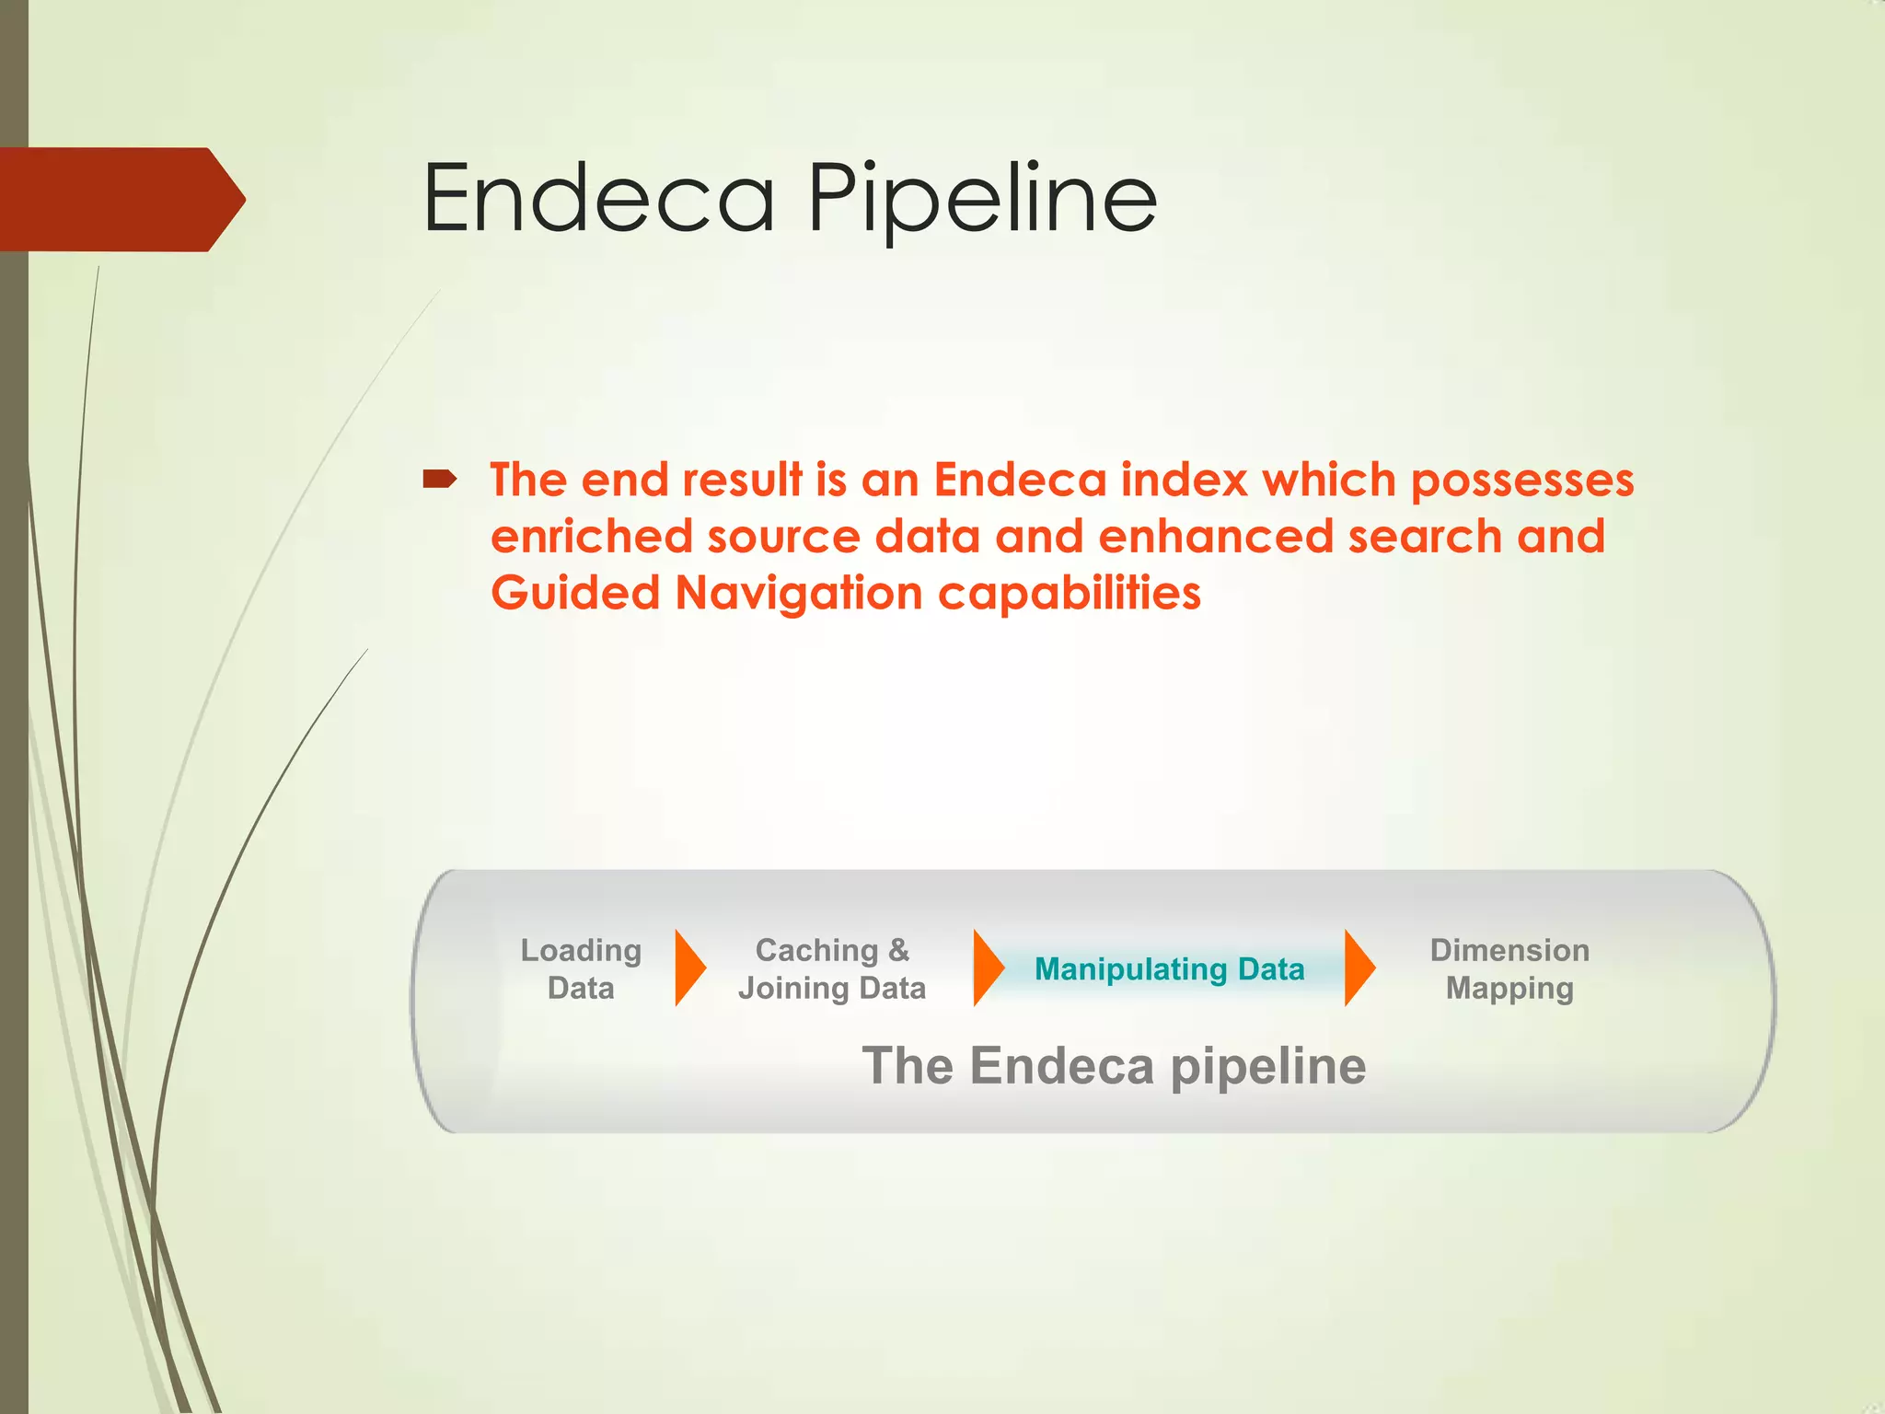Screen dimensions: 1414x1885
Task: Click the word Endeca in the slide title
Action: (x=598, y=198)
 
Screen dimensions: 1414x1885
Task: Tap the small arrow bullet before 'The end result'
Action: (x=439, y=479)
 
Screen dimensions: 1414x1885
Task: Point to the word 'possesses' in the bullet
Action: (x=1522, y=481)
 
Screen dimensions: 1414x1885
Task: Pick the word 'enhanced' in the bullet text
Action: (x=1215, y=537)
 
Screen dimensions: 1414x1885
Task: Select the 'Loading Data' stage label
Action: (x=581, y=968)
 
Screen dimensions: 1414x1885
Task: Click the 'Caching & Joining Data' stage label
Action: (x=832, y=968)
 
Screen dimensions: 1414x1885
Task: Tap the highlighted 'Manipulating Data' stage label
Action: (x=1169, y=969)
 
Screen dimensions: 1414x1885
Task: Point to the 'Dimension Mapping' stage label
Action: (x=1509, y=968)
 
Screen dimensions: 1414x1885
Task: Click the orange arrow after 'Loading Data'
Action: (x=689, y=968)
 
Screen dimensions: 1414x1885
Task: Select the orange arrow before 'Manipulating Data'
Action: (x=988, y=968)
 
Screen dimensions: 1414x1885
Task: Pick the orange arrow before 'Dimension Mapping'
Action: (x=1359, y=968)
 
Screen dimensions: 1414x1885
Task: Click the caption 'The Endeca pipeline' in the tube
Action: (x=1114, y=1066)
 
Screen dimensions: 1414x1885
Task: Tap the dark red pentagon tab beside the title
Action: (x=120, y=199)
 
